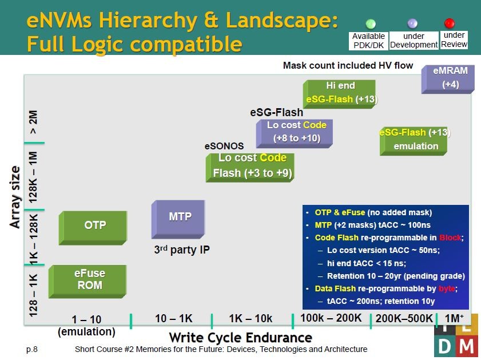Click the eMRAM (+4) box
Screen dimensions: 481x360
click(448, 79)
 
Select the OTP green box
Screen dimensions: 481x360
click(93, 228)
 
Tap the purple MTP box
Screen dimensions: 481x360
click(178, 219)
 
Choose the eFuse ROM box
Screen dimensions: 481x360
click(88, 282)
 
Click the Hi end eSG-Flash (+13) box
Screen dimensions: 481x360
click(339, 94)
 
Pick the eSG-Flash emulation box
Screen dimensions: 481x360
click(414, 141)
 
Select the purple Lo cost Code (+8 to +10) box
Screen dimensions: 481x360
click(295, 133)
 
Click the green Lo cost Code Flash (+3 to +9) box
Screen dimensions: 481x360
click(250, 168)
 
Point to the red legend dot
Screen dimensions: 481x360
click(450, 23)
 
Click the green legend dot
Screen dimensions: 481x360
click(371, 23)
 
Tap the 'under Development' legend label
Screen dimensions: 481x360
click(414, 40)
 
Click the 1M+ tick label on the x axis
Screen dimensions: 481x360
click(454, 318)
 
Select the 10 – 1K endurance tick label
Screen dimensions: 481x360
click(174, 319)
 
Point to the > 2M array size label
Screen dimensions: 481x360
click(33, 122)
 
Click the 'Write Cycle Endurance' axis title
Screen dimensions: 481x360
click(240, 338)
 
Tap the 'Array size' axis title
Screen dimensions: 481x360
click(15, 197)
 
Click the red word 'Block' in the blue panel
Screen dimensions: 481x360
click(450, 238)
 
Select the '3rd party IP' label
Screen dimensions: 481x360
click(182, 250)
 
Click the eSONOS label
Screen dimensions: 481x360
click(224, 146)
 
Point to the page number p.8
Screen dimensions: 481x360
click(32, 349)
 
